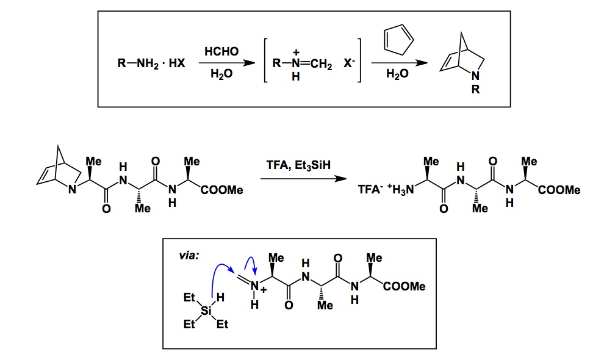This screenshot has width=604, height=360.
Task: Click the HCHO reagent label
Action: click(x=217, y=53)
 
